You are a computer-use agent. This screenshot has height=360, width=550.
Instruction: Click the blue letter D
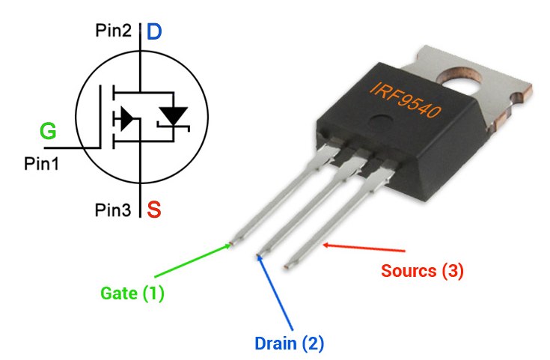point(154,31)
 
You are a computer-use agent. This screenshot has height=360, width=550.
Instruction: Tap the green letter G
point(48,131)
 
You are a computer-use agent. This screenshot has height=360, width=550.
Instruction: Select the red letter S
point(154,209)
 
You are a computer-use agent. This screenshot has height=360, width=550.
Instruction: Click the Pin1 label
point(41,163)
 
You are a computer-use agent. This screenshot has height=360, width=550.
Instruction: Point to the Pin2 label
point(113,31)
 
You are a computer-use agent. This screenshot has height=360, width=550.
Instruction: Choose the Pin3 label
point(112,210)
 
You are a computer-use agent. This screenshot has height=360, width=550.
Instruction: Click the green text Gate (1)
point(132,293)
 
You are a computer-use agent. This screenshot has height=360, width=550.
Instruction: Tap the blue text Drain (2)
point(289,343)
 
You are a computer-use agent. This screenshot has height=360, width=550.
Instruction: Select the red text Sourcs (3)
point(422,271)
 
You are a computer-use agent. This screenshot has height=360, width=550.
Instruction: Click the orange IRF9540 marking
point(406,100)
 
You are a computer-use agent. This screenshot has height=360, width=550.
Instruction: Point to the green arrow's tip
point(230,245)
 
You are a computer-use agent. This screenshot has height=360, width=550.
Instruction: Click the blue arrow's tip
point(258,255)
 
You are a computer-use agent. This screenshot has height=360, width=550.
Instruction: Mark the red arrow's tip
point(323,245)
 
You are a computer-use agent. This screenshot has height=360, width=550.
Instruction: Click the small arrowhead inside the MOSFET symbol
point(127,118)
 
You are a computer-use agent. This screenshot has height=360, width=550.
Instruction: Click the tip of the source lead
point(287,267)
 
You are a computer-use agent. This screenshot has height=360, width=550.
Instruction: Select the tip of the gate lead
point(231,242)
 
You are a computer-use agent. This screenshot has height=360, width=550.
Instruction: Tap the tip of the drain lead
point(258,254)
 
